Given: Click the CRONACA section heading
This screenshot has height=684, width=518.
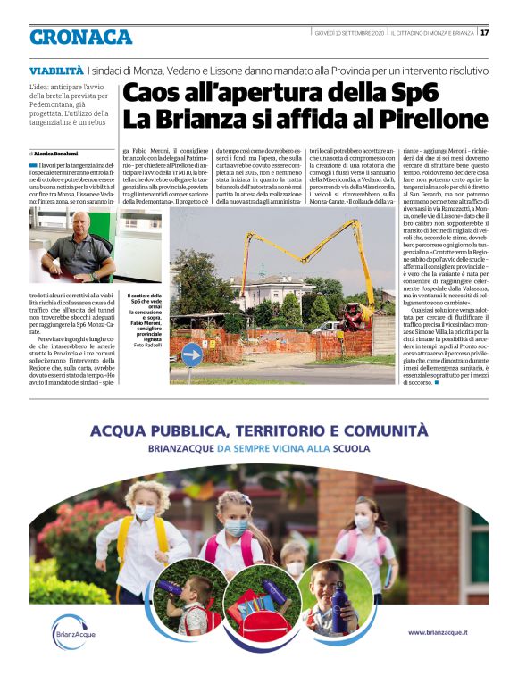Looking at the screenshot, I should [80, 36].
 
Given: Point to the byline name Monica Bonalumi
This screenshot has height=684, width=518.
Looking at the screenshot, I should [61, 154].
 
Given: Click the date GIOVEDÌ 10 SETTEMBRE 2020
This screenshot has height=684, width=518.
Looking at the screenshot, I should [351, 33].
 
